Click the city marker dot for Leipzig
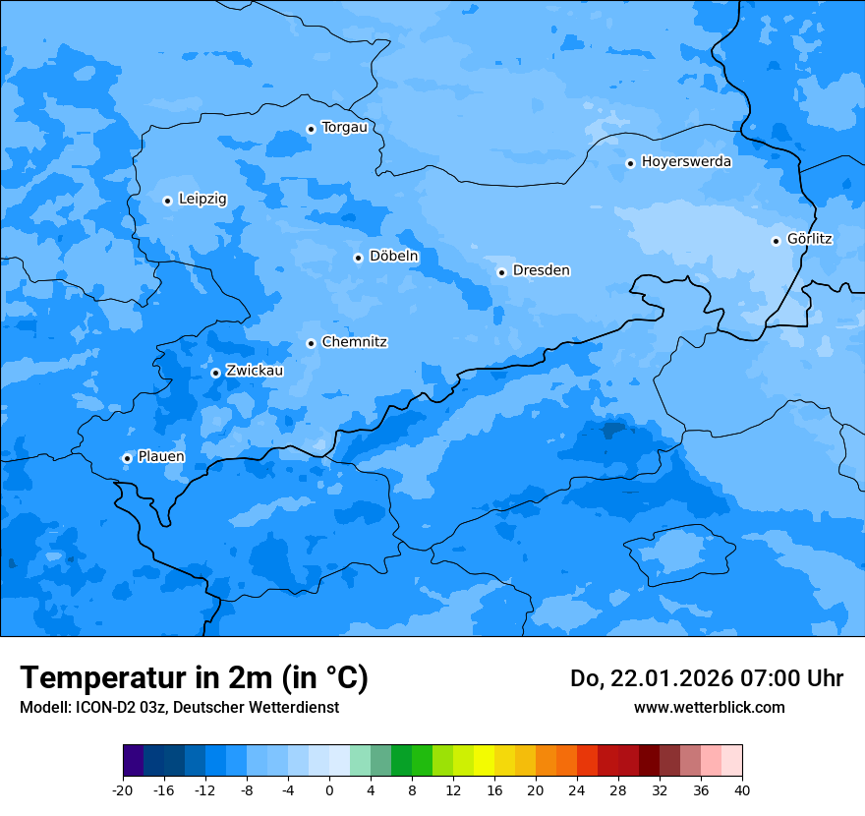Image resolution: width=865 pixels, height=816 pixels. [x=167, y=201]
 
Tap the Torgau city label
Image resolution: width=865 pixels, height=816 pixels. [x=344, y=127]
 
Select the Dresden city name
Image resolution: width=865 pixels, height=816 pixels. [x=541, y=270]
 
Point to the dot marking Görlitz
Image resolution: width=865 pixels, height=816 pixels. [x=776, y=241]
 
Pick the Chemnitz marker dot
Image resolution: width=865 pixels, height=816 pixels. [x=311, y=343]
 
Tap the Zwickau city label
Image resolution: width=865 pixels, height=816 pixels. [x=255, y=371]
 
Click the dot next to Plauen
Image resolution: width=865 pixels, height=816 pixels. [x=127, y=458]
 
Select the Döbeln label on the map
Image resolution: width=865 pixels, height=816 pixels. [x=393, y=256]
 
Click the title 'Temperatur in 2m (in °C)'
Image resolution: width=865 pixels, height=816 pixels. [x=194, y=678]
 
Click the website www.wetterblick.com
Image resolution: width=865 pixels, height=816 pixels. [x=709, y=707]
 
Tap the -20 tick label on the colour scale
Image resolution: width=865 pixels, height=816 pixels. [x=123, y=789]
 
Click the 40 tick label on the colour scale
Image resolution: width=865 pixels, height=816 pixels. [x=742, y=789]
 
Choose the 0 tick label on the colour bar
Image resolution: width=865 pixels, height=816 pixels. [x=329, y=789]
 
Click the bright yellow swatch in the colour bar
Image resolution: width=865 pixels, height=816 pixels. [x=484, y=761]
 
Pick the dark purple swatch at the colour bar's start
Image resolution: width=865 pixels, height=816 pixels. [x=133, y=761]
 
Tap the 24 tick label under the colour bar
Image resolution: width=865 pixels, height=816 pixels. [x=577, y=789]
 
